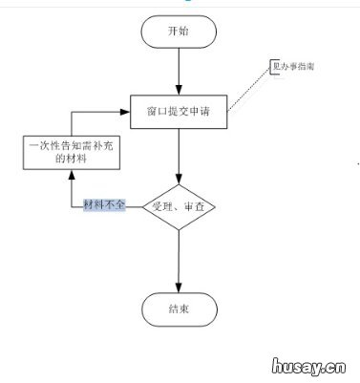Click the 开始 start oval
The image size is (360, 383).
(x=178, y=32)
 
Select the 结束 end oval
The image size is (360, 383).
(x=178, y=309)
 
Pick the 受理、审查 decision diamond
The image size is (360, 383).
(x=180, y=206)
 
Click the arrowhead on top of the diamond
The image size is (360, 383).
(x=179, y=177)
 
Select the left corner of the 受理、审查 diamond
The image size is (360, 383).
(x=142, y=206)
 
